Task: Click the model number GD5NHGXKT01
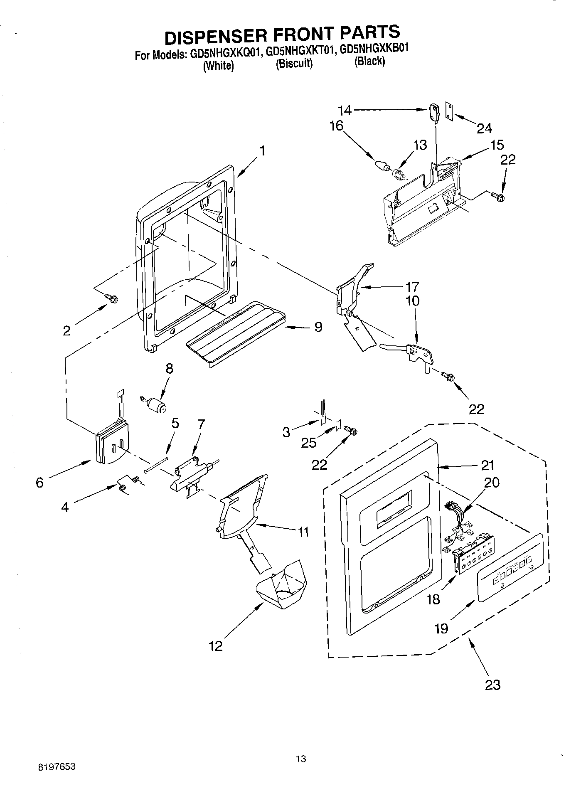point(301,52)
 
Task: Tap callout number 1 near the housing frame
point(262,150)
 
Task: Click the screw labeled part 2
point(112,298)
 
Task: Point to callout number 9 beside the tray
point(318,328)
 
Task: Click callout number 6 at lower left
point(40,483)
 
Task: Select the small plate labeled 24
point(449,111)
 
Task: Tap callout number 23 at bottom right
point(493,685)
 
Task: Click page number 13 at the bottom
point(301,759)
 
